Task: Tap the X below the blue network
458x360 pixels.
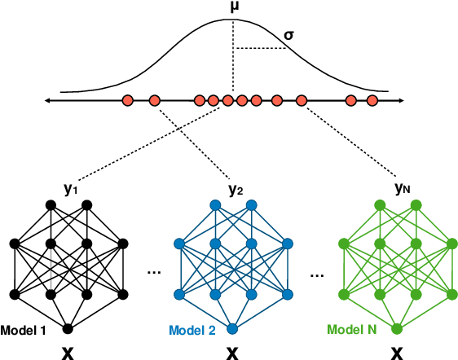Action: click(232, 352)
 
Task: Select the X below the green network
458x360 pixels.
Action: click(397, 352)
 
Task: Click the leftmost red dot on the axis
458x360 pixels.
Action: click(128, 100)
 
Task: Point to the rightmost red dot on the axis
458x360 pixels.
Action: click(372, 100)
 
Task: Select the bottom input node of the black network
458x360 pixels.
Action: click(68, 329)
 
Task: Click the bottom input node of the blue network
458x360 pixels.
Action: click(232, 329)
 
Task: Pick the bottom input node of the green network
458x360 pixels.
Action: click(397, 329)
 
